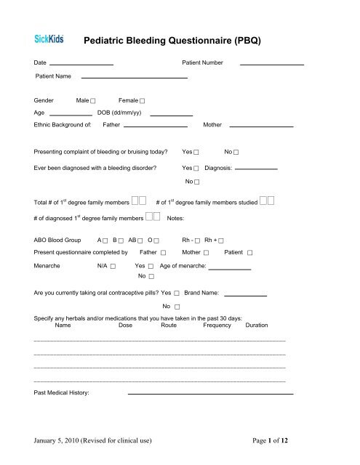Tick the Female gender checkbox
tap(143, 100)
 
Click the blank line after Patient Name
tap(134, 77)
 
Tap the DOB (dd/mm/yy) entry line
tap(171, 115)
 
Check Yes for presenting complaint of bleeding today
tap(197, 153)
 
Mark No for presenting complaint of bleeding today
tap(237, 153)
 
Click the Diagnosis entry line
tap(257, 169)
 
